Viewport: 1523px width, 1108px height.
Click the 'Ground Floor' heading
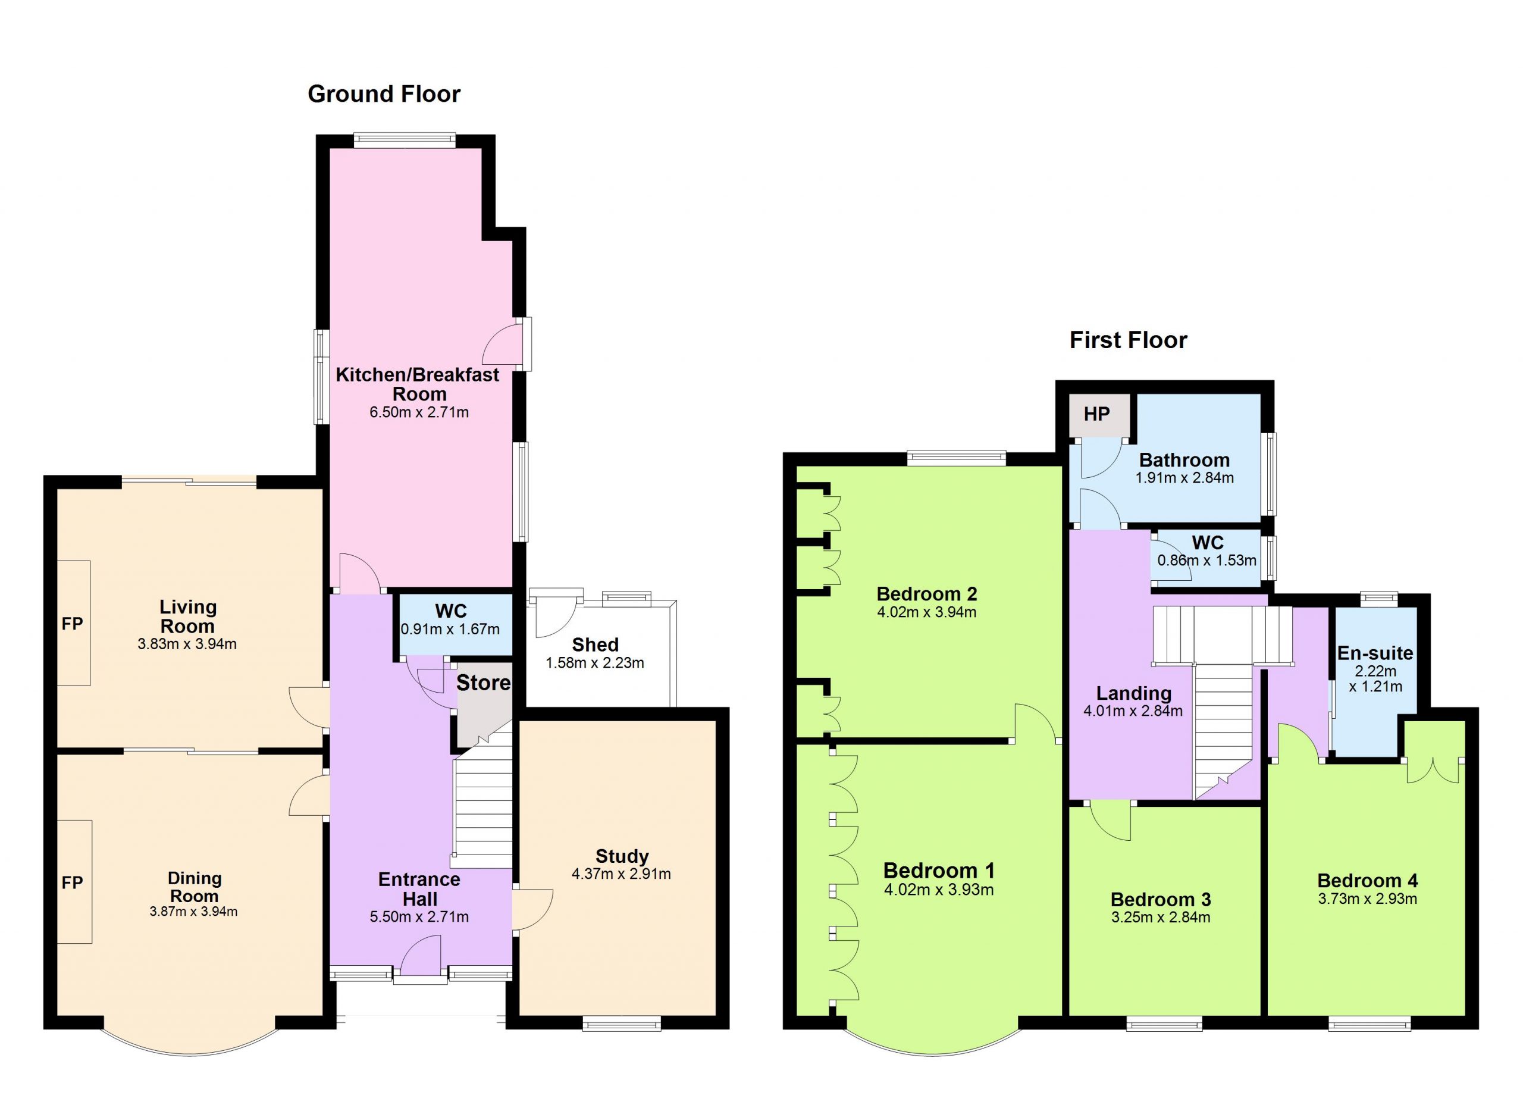pyautogui.click(x=384, y=94)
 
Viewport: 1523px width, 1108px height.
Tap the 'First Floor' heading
pyautogui.click(x=1128, y=340)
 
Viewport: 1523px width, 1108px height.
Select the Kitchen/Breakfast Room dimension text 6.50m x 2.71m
pyautogui.click(x=419, y=412)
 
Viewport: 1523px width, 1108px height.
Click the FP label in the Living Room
pyautogui.click(x=73, y=624)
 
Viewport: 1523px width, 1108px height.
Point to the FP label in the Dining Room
pyautogui.click(x=73, y=882)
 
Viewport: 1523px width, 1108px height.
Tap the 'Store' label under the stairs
pyautogui.click(x=484, y=683)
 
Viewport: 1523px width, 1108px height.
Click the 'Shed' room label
pyautogui.click(x=595, y=644)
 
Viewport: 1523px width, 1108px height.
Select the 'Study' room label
pyautogui.click(x=622, y=856)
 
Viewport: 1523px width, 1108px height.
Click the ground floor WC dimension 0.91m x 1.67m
pyautogui.click(x=450, y=629)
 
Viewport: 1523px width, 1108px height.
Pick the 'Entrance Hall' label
pyautogui.click(x=419, y=889)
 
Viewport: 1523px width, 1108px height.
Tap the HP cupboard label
pyautogui.click(x=1096, y=414)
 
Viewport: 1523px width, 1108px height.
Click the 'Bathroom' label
pyautogui.click(x=1184, y=460)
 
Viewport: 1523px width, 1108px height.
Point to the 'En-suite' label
pyautogui.click(x=1375, y=653)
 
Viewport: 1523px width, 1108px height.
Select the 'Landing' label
pyautogui.click(x=1133, y=693)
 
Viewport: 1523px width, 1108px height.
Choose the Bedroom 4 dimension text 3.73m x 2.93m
pyautogui.click(x=1367, y=899)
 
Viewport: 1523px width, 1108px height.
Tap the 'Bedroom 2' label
pyautogui.click(x=927, y=594)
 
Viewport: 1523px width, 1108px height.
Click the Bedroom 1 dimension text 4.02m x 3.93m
pyautogui.click(x=939, y=890)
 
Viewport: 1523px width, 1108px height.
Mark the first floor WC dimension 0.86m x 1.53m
pyautogui.click(x=1207, y=560)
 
